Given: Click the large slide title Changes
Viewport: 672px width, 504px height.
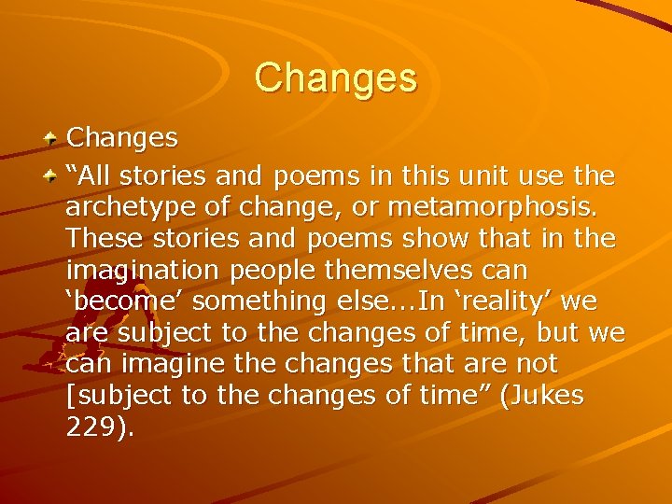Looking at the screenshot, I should tap(335, 77).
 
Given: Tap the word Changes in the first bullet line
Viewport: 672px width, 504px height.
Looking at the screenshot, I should tap(121, 137).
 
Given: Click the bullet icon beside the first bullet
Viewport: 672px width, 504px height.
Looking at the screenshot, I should tap(52, 138).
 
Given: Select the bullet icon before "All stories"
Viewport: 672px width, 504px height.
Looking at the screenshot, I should tap(52, 175).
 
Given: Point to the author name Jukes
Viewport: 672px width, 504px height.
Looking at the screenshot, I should tap(545, 396).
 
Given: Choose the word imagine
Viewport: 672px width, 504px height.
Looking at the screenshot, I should tap(171, 363).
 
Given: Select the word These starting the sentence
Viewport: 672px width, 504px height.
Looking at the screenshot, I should tap(105, 238).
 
